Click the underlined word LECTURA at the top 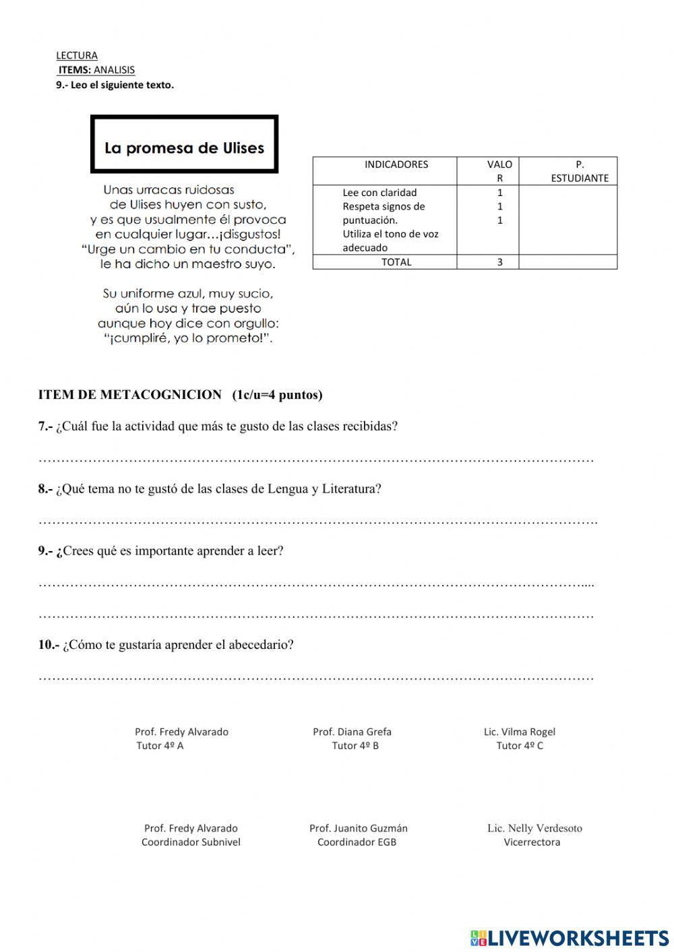coord(77,55)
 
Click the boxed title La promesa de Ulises coord(184,148)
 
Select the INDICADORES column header coord(396,164)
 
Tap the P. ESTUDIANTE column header coord(579,171)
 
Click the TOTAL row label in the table coord(396,262)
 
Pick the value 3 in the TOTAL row coord(499,262)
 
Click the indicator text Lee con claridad coord(379,193)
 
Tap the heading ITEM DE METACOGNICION coord(130,395)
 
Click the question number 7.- coord(45,426)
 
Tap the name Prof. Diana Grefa coord(352,732)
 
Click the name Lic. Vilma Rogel coord(519,732)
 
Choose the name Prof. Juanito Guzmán coord(358,828)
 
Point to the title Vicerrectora coord(532,842)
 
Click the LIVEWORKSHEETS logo coord(570,937)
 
